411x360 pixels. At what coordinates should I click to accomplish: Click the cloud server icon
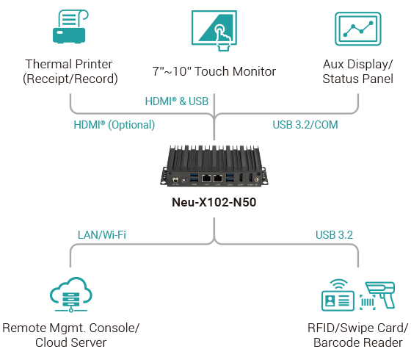point(71,292)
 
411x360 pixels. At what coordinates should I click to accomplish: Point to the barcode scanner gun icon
point(384,295)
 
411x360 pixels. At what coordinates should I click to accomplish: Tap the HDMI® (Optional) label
point(114,125)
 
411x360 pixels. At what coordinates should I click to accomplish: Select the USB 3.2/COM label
point(305,125)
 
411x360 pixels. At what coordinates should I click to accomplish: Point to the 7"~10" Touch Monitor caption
point(214,71)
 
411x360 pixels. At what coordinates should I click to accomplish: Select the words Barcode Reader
point(357,342)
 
